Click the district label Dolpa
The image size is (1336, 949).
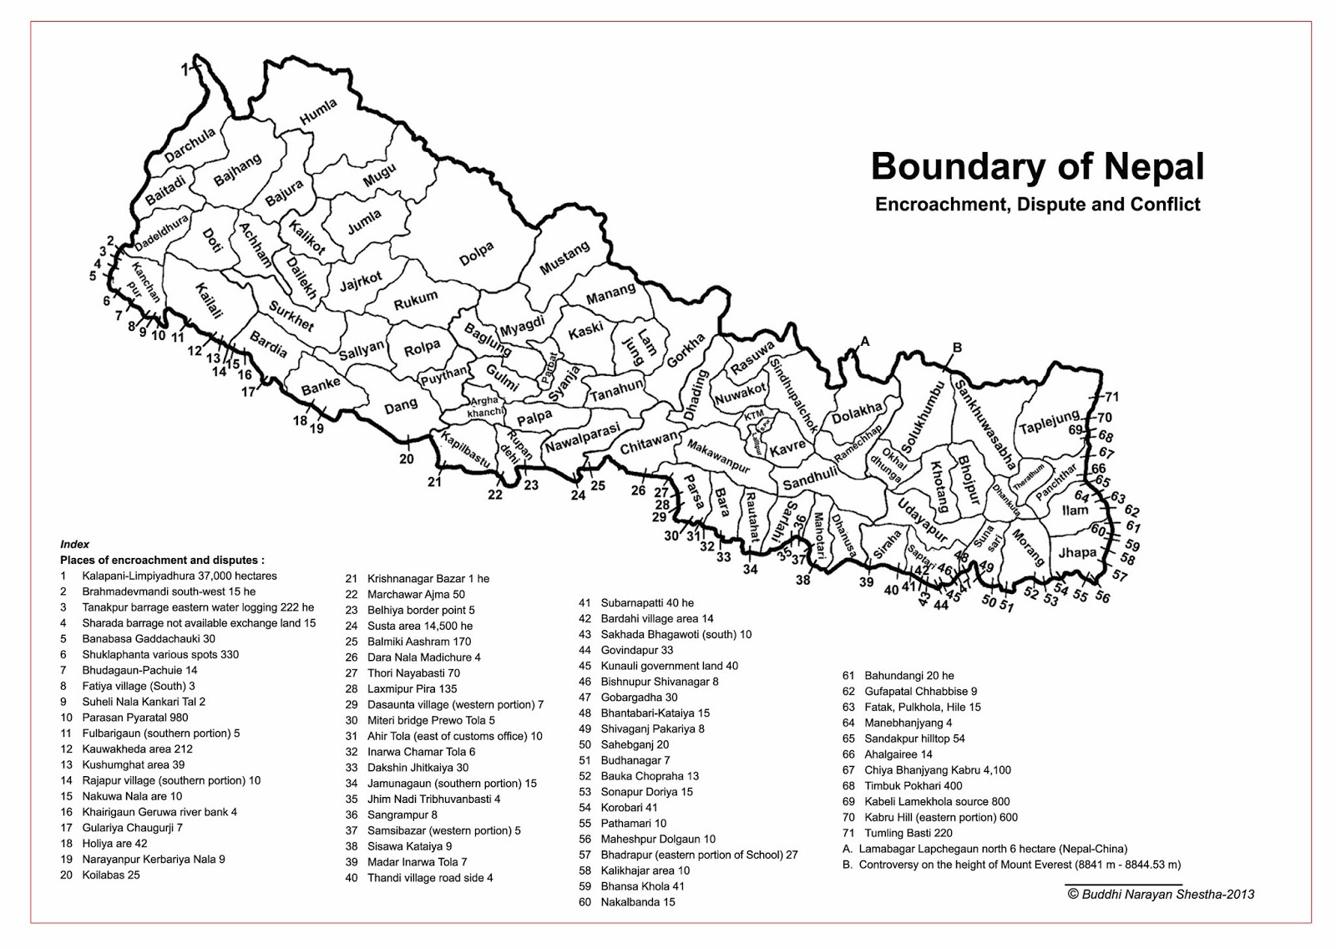click(477, 254)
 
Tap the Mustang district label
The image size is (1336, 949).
click(564, 258)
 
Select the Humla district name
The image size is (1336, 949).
click(318, 113)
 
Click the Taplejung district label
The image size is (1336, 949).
click(1049, 422)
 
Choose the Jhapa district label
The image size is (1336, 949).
click(1077, 553)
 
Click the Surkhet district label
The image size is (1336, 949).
click(291, 315)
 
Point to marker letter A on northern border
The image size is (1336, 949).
click(865, 341)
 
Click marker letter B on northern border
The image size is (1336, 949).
click(958, 348)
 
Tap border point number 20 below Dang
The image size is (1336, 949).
click(406, 459)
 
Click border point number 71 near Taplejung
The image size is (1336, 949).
click(1111, 397)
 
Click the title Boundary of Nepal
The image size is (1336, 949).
click(1037, 166)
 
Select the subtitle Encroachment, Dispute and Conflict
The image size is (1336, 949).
click(1037, 205)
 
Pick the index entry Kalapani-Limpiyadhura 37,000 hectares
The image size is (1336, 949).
click(179, 576)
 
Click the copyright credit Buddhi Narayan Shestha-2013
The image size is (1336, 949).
click(1161, 894)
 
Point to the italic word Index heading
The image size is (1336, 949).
click(74, 544)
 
